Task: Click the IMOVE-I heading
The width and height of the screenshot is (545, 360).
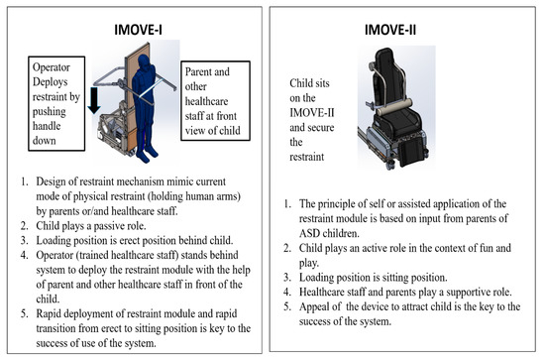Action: [x=138, y=30]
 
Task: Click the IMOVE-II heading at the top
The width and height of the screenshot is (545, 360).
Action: [x=390, y=30]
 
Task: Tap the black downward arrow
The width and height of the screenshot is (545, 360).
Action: [x=94, y=100]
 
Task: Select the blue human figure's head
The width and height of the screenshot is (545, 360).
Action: [x=144, y=62]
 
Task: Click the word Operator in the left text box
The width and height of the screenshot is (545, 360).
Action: [x=52, y=67]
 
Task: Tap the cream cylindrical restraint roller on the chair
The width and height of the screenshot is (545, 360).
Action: [x=394, y=107]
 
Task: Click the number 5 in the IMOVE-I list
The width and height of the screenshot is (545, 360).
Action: [x=24, y=313]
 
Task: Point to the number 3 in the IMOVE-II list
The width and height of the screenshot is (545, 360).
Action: [x=286, y=278]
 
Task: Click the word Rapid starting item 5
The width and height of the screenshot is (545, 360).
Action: [x=48, y=313]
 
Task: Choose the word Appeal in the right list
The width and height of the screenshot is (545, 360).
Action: [x=313, y=307]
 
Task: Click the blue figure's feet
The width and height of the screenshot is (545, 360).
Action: [x=148, y=155]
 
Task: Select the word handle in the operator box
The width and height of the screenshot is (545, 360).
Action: [x=47, y=126]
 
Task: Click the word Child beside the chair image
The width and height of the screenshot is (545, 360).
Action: [x=301, y=83]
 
